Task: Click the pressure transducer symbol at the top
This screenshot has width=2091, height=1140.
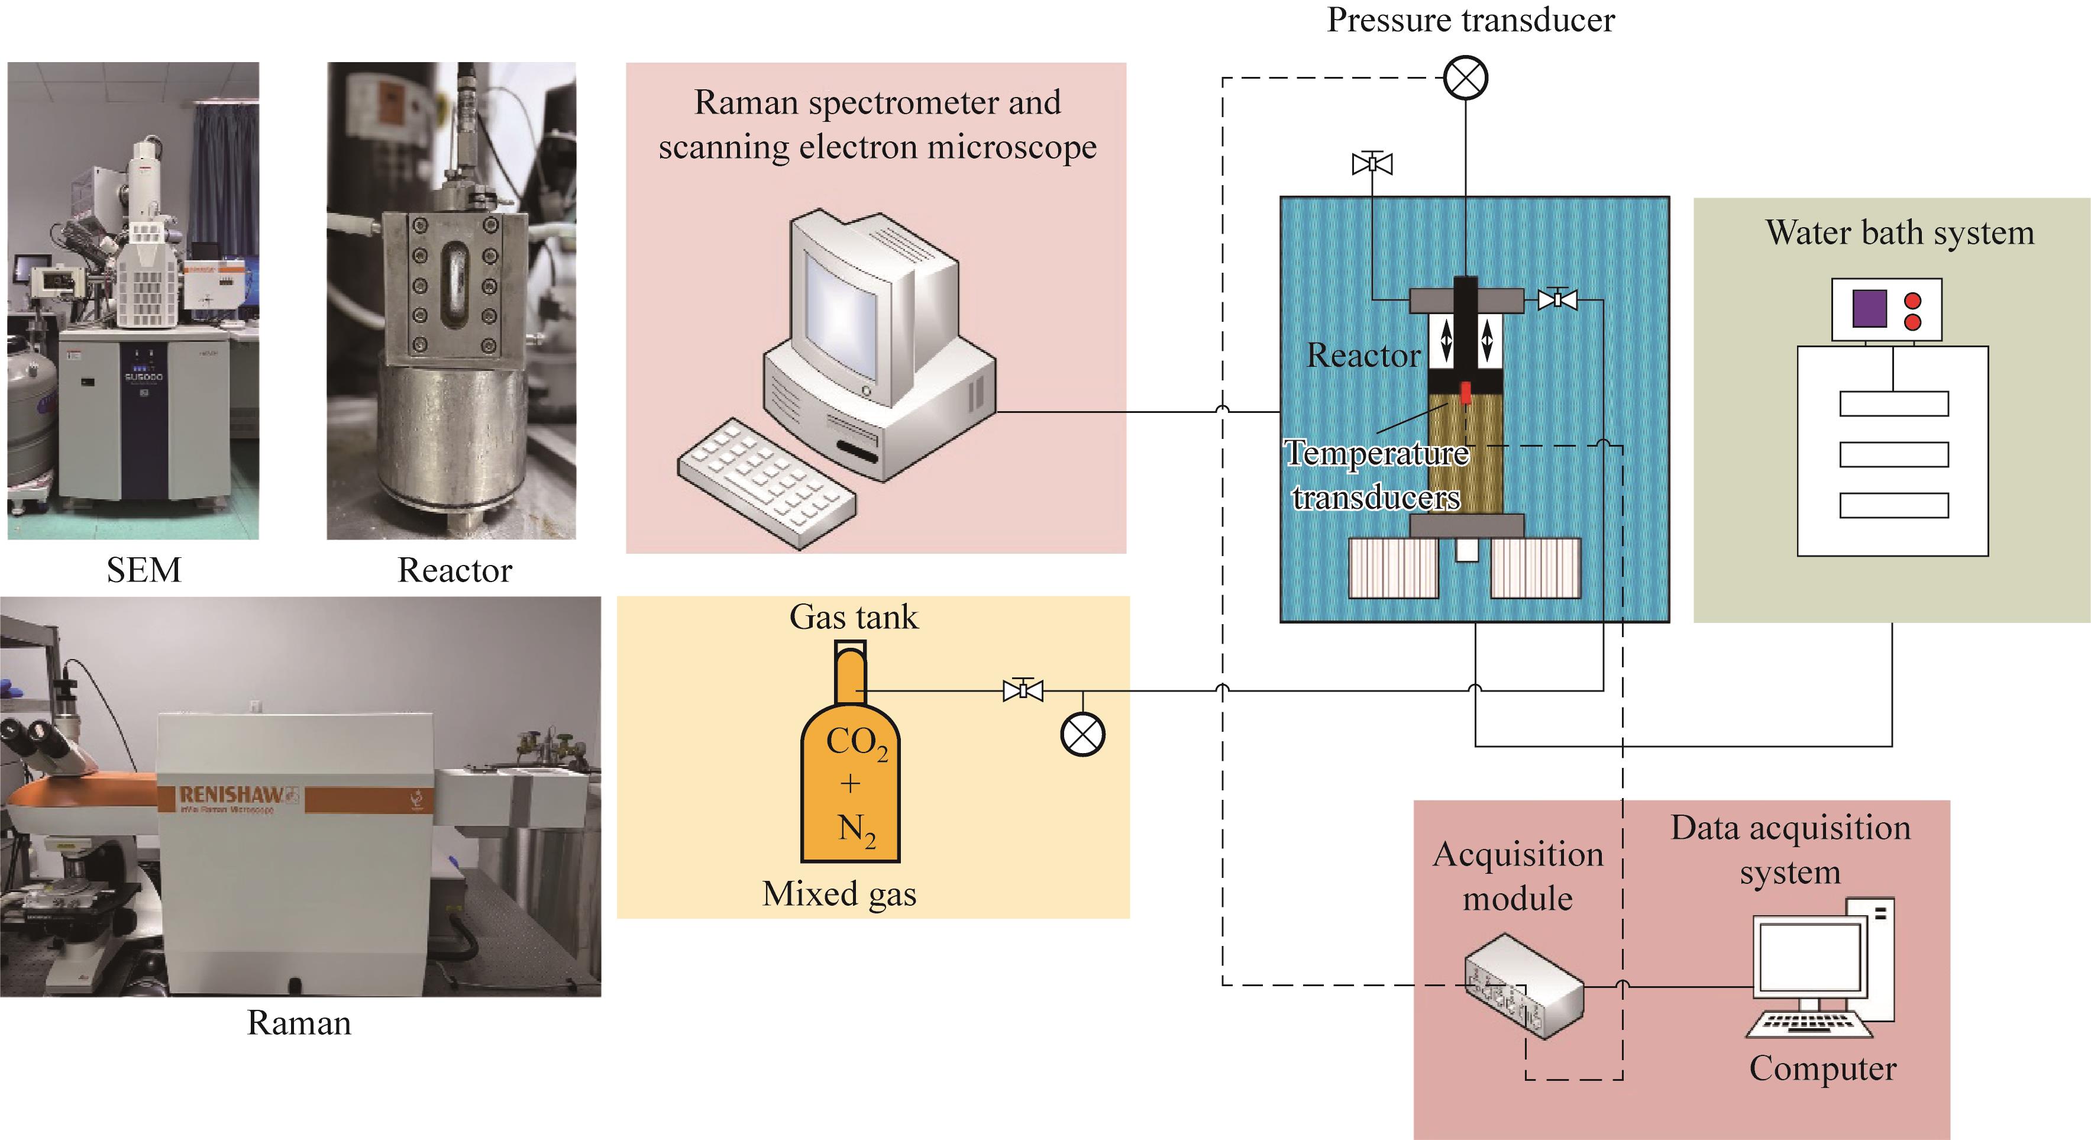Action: pos(1466,79)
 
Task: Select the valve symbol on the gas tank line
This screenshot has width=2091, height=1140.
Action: pos(1023,690)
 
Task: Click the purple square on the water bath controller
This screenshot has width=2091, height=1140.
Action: pos(1869,309)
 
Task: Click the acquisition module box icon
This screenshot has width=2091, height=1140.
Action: pos(1524,987)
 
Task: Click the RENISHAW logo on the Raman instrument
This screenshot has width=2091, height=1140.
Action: pos(231,795)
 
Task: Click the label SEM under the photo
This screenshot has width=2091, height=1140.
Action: pos(144,570)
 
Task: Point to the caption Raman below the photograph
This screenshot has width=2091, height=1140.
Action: pos(299,1023)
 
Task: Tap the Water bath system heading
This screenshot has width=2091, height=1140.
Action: pos(1899,233)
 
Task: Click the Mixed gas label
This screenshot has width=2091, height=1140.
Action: pos(839,894)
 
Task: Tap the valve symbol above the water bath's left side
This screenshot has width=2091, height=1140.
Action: pos(1372,164)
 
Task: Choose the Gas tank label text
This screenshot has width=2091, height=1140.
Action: pos(853,617)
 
